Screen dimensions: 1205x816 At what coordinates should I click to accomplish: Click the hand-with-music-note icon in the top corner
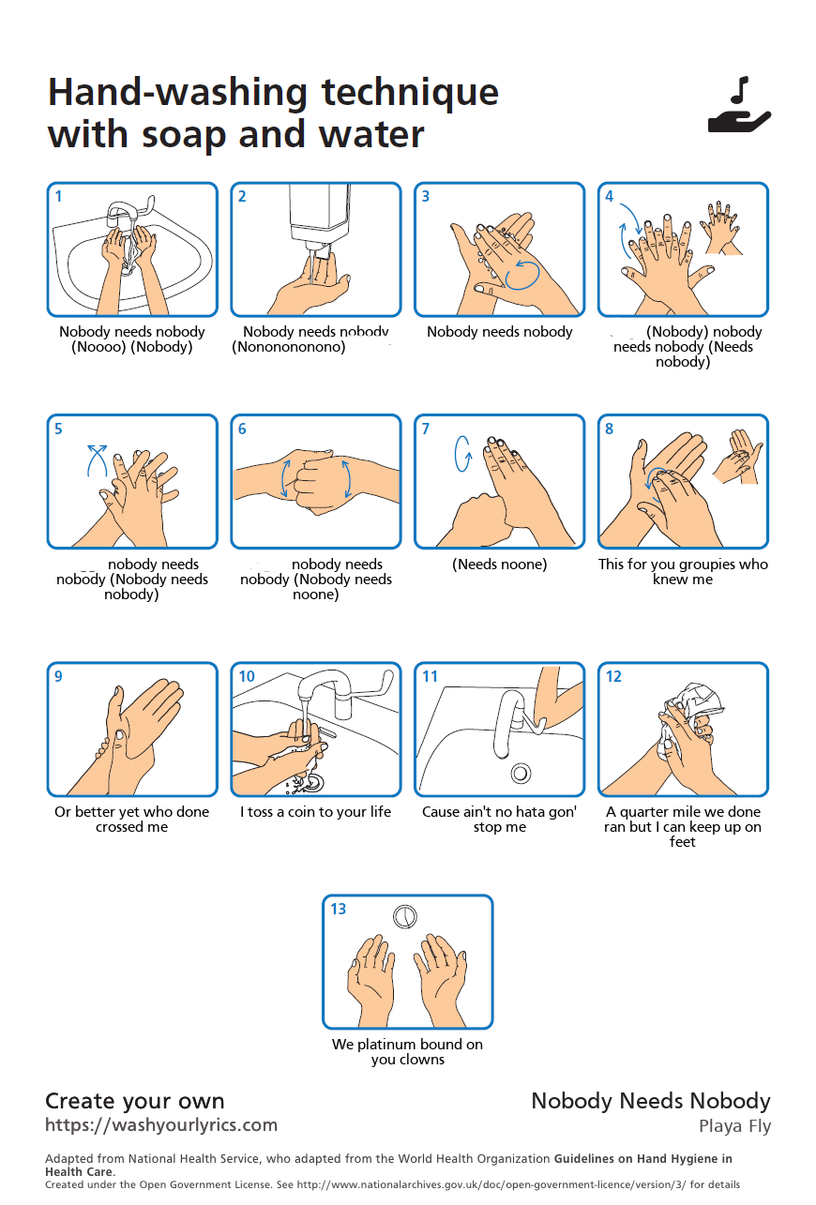(739, 106)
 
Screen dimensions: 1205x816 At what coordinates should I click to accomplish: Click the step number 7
(426, 429)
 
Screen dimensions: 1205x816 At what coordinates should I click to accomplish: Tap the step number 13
(338, 909)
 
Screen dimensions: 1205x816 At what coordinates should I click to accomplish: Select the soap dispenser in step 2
(319, 211)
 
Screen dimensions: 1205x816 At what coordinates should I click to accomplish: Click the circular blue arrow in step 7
(461, 454)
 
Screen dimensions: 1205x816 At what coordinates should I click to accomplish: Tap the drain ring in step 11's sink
(521, 774)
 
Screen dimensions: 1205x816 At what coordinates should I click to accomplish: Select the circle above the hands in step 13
(405, 915)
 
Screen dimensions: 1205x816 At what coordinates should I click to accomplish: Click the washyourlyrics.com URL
(161, 1124)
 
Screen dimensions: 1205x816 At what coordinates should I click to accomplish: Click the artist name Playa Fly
(734, 1126)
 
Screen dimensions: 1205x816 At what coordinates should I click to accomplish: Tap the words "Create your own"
(135, 1101)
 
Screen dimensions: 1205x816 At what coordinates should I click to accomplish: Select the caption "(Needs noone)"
(499, 565)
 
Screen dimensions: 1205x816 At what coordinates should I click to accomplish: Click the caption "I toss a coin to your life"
(315, 812)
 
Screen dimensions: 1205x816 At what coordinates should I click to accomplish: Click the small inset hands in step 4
(720, 226)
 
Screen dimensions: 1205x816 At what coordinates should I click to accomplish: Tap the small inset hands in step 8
(737, 457)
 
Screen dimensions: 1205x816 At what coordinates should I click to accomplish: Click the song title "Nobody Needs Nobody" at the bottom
(651, 1101)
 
